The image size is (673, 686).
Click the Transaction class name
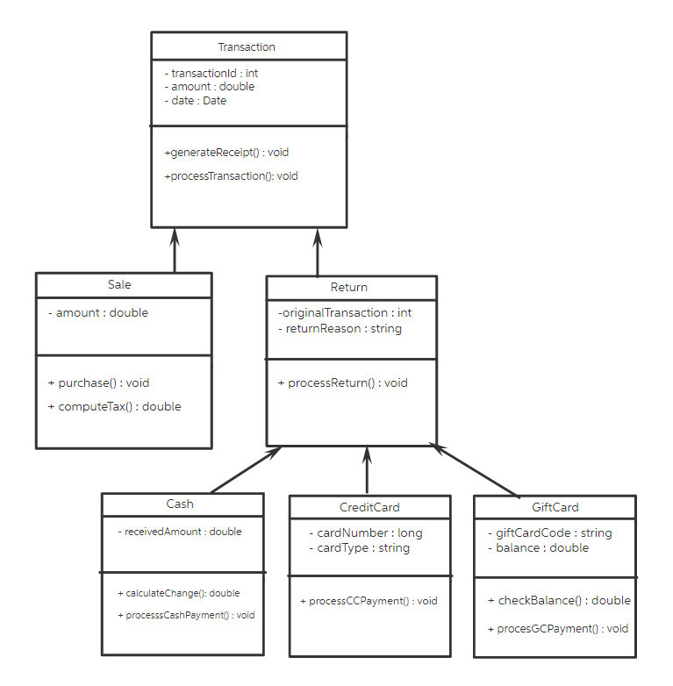tap(247, 47)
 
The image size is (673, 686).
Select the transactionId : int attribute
tap(211, 74)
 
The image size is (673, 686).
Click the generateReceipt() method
tap(226, 153)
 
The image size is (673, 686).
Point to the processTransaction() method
tap(232, 176)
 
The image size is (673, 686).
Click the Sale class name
tap(119, 285)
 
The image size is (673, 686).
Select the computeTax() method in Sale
tap(114, 407)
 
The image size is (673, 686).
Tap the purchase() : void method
tap(98, 383)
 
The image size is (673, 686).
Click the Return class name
tap(349, 288)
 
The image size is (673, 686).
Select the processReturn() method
tap(343, 383)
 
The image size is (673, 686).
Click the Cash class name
tap(180, 504)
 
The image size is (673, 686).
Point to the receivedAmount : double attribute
tap(180, 532)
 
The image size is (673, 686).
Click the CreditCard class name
tap(369, 508)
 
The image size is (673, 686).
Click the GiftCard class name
tap(555, 508)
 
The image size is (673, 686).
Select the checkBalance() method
tap(559, 601)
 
